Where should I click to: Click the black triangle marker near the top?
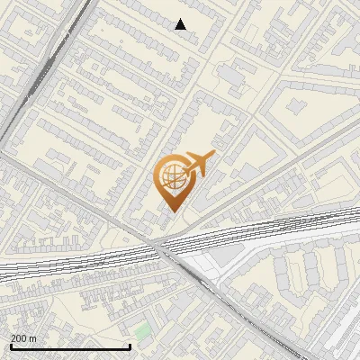pyautogui.click(x=181, y=24)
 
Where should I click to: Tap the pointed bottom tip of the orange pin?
pyautogui.click(x=171, y=211)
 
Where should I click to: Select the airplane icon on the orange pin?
pyautogui.click(x=198, y=165)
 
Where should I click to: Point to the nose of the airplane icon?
pyautogui.click(x=213, y=156)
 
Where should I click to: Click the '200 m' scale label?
pyautogui.click(x=23, y=338)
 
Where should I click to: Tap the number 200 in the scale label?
pyautogui.click(x=19, y=338)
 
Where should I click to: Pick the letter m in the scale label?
pyautogui.click(x=32, y=338)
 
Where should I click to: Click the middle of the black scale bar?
pyautogui.click(x=69, y=346)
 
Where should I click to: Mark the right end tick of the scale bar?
pyautogui.click(x=130, y=346)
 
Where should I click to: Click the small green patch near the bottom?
pyautogui.click(x=143, y=330)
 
